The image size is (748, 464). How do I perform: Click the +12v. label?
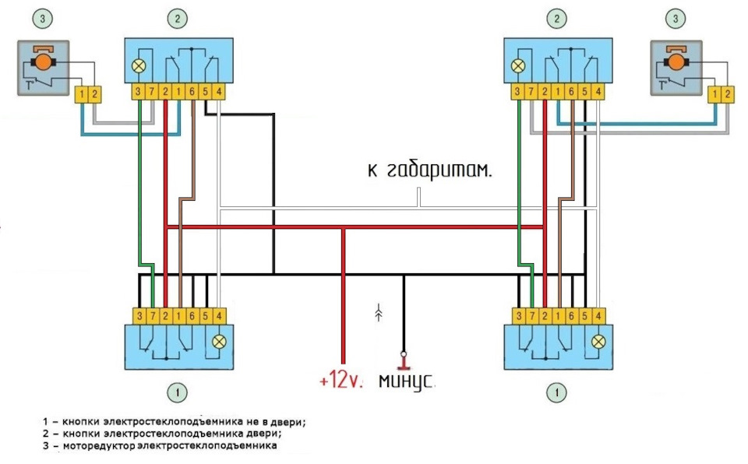click(342, 381)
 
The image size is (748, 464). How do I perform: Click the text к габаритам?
click(429, 171)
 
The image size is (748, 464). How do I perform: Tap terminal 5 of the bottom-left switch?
click(206, 316)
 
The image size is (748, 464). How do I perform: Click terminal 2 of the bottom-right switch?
click(545, 316)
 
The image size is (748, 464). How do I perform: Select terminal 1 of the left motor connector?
click(81, 94)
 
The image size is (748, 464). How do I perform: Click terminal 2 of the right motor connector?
click(728, 94)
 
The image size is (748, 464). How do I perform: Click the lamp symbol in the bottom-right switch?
click(598, 341)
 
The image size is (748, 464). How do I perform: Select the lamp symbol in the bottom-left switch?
click(219, 341)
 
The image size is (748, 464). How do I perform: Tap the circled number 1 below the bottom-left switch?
click(178, 393)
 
